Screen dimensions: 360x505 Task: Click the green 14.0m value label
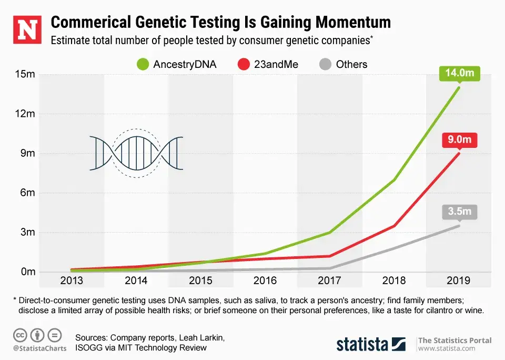[x=460, y=74]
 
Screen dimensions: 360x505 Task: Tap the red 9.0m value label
[x=460, y=141]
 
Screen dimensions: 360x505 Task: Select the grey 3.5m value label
[x=460, y=213]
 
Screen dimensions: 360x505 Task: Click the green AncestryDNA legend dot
[x=142, y=65]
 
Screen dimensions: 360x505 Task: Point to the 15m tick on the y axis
[x=24, y=74]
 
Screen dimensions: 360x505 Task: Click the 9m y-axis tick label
[x=27, y=153]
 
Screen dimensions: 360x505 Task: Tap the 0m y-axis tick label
[x=27, y=272]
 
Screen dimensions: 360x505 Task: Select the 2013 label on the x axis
[x=71, y=281]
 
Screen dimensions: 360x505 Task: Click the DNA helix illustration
[x=136, y=153]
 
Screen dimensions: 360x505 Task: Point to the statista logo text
[x=363, y=345]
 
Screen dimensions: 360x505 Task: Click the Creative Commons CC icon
[x=21, y=335]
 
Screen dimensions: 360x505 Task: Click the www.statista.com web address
[x=447, y=348]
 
